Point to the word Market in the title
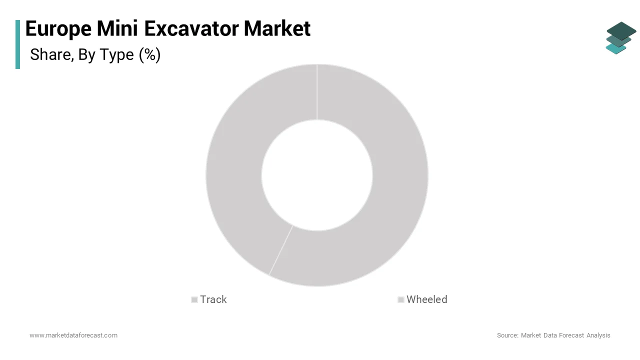277,29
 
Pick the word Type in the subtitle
116,54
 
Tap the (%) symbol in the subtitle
149,54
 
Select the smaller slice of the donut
235,165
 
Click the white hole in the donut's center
317,175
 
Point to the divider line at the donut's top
317,92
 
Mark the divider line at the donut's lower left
281,250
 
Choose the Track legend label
213,299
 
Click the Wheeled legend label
426,299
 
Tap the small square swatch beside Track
194,300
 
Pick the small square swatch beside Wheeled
401,300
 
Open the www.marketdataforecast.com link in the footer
73,335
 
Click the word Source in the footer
507,335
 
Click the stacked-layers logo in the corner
620,37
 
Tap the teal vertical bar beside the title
18,44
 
